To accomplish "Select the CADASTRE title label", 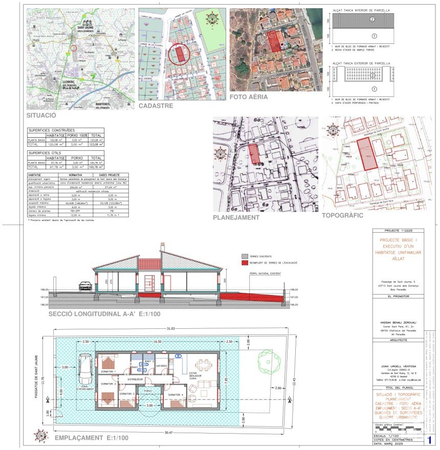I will click(x=156, y=106).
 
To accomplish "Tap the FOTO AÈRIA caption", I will click(x=249, y=97).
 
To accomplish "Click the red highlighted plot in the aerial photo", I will click(x=275, y=40).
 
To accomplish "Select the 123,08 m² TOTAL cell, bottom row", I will click(x=96, y=145).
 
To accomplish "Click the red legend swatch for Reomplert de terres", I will click(x=245, y=262).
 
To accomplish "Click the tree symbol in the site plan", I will click(x=269, y=362).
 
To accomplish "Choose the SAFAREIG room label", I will click(x=162, y=366).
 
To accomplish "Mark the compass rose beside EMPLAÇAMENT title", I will click(x=40, y=435).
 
